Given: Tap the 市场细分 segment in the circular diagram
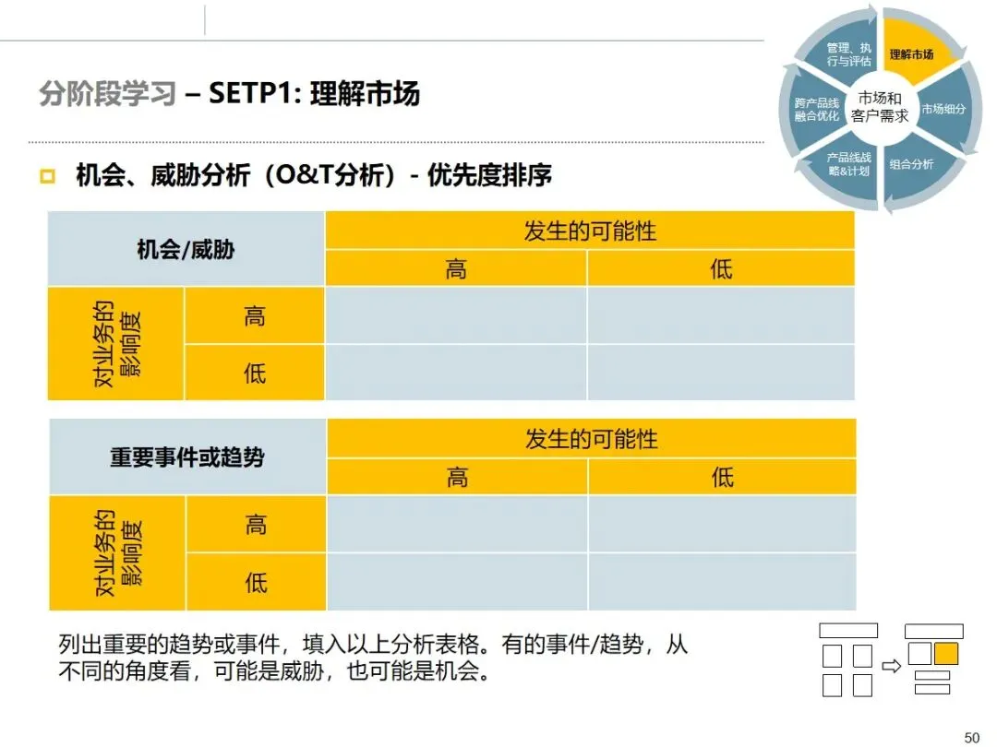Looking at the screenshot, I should [943, 109].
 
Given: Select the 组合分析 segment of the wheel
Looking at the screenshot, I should [911, 165].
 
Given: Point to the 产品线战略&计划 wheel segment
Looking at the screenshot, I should [848, 165].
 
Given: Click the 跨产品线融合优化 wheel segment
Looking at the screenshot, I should [816, 110].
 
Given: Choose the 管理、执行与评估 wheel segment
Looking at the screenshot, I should [848, 54].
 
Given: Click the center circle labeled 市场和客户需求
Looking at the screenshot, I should [880, 107].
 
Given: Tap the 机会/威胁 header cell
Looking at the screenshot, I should [186, 249].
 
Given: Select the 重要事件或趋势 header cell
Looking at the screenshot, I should [186, 456].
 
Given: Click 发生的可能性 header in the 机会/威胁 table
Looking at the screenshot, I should [590, 231].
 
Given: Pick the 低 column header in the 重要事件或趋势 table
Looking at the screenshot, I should [722, 477].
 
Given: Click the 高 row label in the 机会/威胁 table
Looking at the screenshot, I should [255, 316].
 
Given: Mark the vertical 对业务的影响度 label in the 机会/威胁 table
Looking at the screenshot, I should [116, 344].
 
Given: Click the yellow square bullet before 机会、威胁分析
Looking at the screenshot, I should [48, 176].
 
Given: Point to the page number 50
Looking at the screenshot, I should [971, 737].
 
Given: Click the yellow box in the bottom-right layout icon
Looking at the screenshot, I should [945, 654].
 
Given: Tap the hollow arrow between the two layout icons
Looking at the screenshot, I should [891, 665].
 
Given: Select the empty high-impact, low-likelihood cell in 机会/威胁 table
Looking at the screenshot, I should [721, 316].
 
